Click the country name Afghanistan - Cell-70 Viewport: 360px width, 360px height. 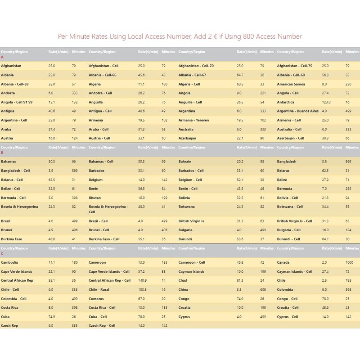pos(196,66)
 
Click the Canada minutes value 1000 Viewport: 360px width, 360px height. pos(350,262)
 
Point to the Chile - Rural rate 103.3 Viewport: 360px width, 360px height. pos(143,289)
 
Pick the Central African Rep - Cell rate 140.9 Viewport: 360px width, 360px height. pos(143,280)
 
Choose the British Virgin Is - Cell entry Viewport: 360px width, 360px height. pos(294,221)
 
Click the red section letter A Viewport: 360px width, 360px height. pos(2,57)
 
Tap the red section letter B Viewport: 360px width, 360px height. pos(2,153)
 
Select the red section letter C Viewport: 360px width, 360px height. pos(2,253)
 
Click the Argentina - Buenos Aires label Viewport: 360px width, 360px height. pos(297,111)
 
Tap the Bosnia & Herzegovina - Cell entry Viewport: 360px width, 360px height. pos(108,209)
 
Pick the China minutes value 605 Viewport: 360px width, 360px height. pos(263,289)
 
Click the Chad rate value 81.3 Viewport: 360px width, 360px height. pos(240,280)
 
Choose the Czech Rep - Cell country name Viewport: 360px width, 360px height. pos(102,325)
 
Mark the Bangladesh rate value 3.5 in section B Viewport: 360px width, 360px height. pos(324,162)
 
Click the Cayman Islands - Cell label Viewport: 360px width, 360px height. pos(294,271)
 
